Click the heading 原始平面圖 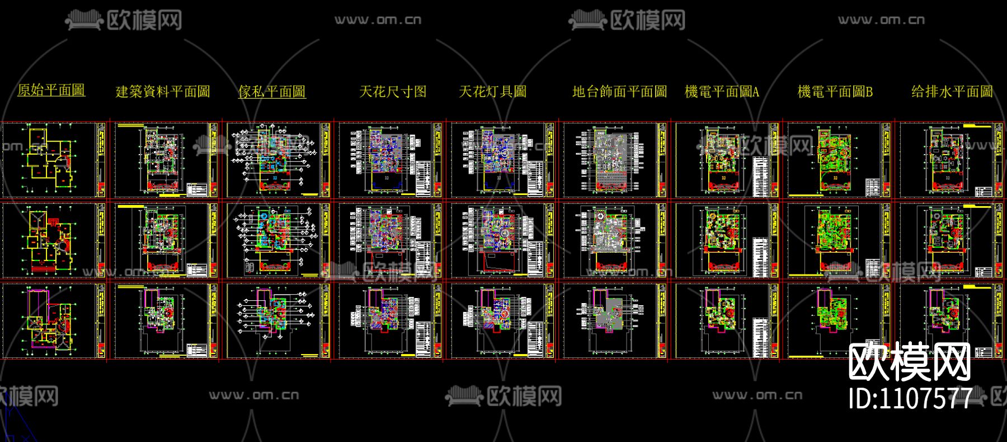pos(51,90)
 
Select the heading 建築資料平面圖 pos(163,92)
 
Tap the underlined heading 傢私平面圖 pos(272,92)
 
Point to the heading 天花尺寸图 pos(393,92)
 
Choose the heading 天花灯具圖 pos(493,92)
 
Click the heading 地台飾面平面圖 pos(619,92)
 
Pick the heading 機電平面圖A pos(722,92)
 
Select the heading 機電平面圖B pos(835,92)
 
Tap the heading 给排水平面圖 pos(952,92)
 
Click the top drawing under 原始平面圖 pos(53,160)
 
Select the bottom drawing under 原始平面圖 pos(53,321)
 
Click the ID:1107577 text pos(910,398)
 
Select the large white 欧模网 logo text pos(910,363)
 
